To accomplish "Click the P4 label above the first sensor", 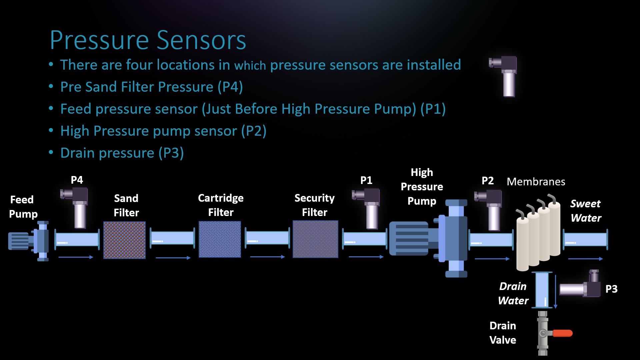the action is (x=77, y=180).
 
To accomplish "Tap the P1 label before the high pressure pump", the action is (x=366, y=180).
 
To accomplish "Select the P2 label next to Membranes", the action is (x=488, y=181).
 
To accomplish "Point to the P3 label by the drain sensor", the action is (x=611, y=289).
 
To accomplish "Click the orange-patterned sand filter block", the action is (x=124, y=240).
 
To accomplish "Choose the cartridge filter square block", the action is (x=220, y=239).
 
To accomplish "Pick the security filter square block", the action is (x=315, y=239).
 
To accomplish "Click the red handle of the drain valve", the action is (x=563, y=333).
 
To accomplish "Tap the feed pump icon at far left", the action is (x=29, y=241).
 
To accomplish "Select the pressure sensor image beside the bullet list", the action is (x=503, y=76).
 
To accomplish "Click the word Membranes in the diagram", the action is (x=536, y=182).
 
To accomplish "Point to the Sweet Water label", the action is (x=586, y=211).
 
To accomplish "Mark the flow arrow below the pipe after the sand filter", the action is (x=173, y=258).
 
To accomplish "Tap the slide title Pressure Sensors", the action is (x=148, y=40).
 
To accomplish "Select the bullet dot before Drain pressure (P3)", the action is (x=51, y=152).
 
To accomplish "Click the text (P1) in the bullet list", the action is (x=433, y=109).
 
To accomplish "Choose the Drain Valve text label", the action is (x=503, y=333).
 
